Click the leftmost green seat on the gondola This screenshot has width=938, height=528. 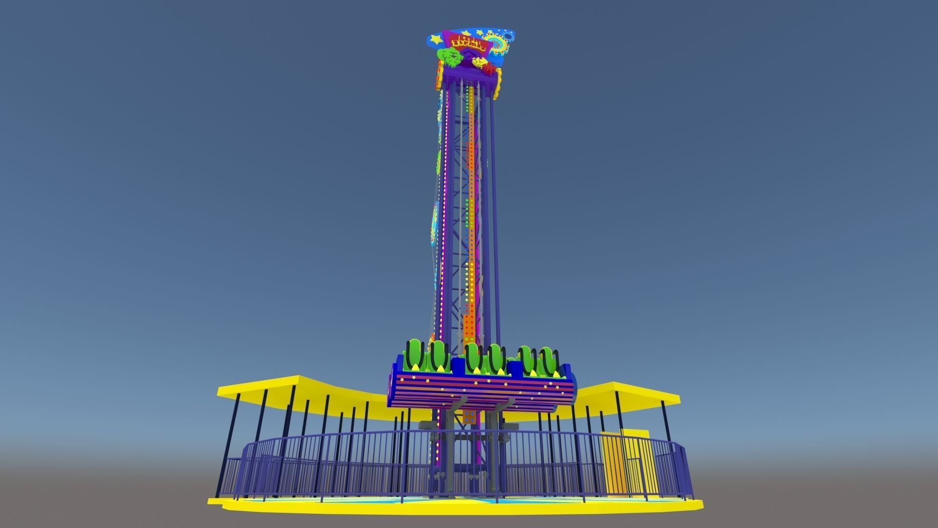coord(414,355)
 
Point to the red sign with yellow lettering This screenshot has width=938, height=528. coord(469,41)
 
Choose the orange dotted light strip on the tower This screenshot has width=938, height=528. coord(470,220)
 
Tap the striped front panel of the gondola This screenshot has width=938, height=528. coord(481,391)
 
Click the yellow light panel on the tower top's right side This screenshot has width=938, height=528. coord(498,83)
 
